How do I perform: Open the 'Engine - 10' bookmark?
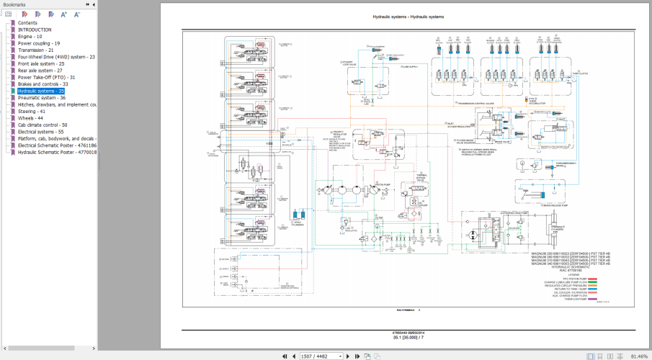[x=30, y=36]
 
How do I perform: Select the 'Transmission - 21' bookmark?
[x=35, y=50]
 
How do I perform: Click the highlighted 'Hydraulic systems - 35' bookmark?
[x=41, y=91]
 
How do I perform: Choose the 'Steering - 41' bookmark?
[x=32, y=112]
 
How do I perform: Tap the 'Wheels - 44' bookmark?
[x=30, y=118]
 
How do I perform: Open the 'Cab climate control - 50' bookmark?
[x=43, y=125]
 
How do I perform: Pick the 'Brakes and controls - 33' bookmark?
[x=43, y=84]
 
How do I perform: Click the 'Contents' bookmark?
[x=27, y=22]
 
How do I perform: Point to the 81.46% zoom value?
[x=638, y=356]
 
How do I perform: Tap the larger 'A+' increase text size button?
[x=63, y=14]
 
